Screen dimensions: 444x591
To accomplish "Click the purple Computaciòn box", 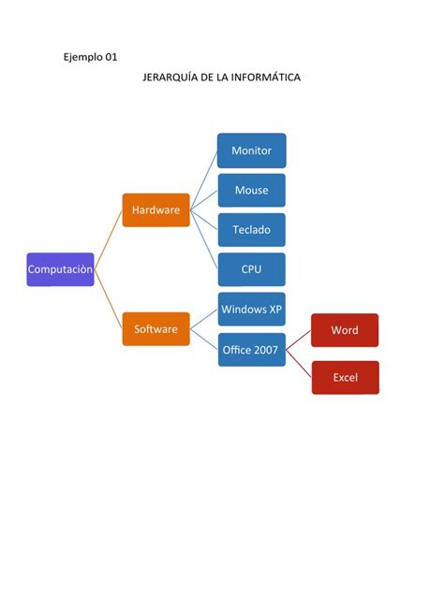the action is click(x=60, y=269).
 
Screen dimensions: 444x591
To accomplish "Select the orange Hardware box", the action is click(x=155, y=210).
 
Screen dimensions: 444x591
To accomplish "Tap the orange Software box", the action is click(x=155, y=329).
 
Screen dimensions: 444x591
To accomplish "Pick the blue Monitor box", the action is click(x=251, y=151).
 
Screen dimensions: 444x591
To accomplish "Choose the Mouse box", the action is click(x=251, y=191).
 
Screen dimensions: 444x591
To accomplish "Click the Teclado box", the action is click(x=251, y=230).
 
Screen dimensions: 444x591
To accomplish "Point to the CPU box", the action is click(x=251, y=269).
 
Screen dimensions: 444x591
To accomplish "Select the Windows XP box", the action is click(x=251, y=310).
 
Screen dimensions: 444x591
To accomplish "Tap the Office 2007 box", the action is click(x=251, y=350).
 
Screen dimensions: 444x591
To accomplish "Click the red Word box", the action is click(x=345, y=330).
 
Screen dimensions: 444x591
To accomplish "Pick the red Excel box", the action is click(x=346, y=378).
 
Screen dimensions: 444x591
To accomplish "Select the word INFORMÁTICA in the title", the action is click(x=266, y=78).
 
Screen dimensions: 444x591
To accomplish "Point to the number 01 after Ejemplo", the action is click(x=111, y=57).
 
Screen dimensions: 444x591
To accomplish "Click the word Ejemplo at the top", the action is click(x=83, y=58).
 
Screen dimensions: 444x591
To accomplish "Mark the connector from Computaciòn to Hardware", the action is click(x=109, y=239).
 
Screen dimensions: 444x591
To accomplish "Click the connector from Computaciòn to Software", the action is click(x=109, y=299).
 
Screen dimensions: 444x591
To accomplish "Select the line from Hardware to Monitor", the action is click(x=204, y=180).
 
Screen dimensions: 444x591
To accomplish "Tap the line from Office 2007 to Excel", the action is click(x=299, y=364).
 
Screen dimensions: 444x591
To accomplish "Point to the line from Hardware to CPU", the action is click(x=204, y=239).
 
